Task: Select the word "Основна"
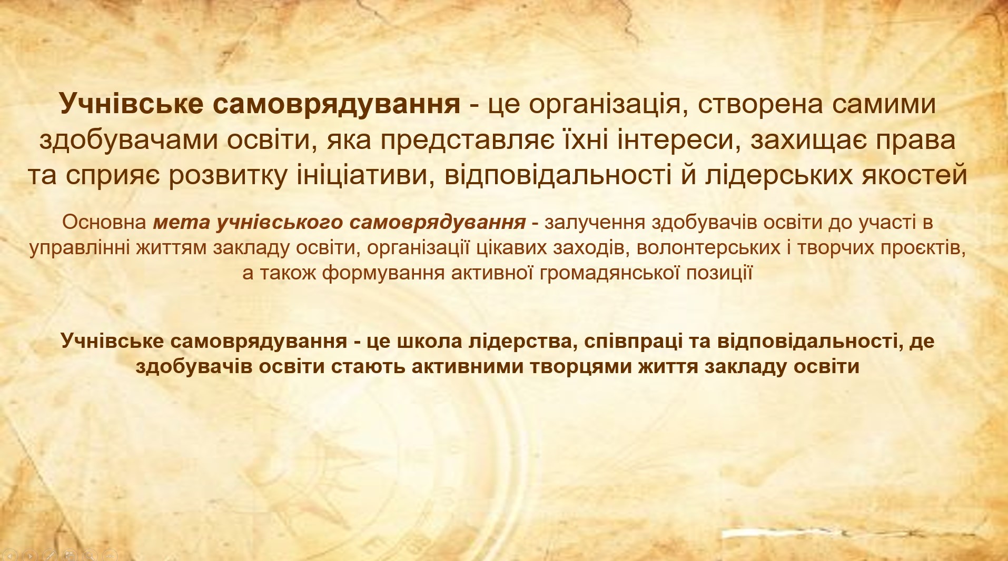[104, 223]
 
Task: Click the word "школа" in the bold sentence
[428, 341]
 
